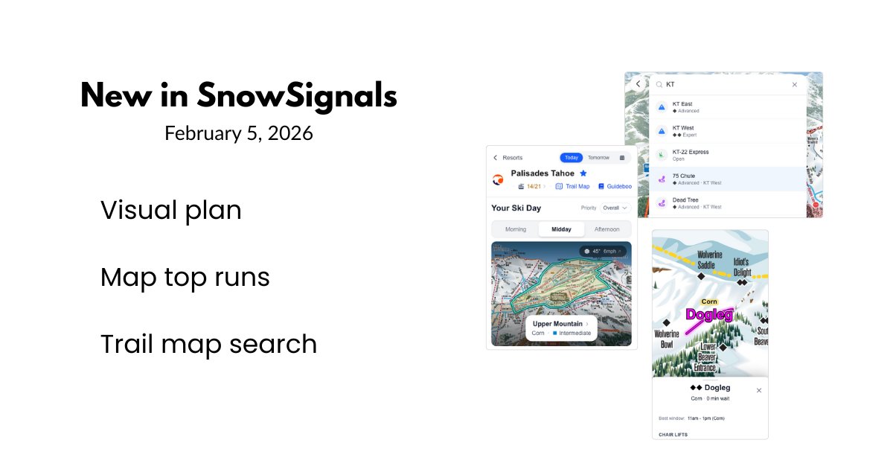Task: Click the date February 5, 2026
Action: [x=238, y=134]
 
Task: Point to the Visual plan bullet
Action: [x=171, y=211]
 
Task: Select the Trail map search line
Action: [x=208, y=344]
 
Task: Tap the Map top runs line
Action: [x=185, y=278]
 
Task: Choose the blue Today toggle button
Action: [x=572, y=158]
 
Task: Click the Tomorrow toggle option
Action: [x=598, y=158]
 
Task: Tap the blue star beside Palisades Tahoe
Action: [x=583, y=173]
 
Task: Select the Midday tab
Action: [x=561, y=229]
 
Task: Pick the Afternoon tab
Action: [x=606, y=229]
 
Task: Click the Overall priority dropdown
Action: [x=615, y=208]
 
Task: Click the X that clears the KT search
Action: [x=794, y=85]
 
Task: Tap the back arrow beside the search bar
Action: [x=638, y=84]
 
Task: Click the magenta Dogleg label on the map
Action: [x=709, y=315]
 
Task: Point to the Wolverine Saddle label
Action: [x=710, y=259]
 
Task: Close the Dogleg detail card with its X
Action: [x=758, y=390]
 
